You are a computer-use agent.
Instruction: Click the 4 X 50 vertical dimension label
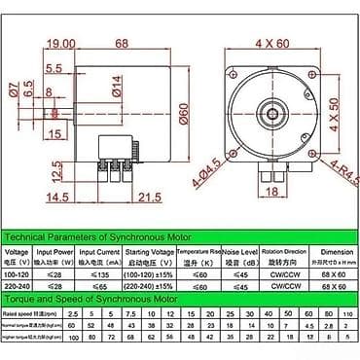347,111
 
